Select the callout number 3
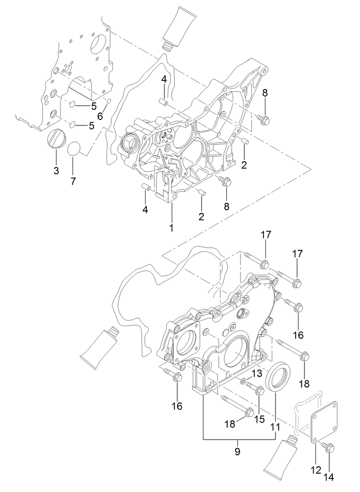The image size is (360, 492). pos(56,171)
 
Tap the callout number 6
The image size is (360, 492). pos(100,117)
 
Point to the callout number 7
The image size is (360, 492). pos(73,181)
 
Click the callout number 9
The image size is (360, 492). pos(237,452)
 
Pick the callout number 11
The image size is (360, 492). pos(275,427)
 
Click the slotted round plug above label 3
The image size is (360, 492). pos(56,138)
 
